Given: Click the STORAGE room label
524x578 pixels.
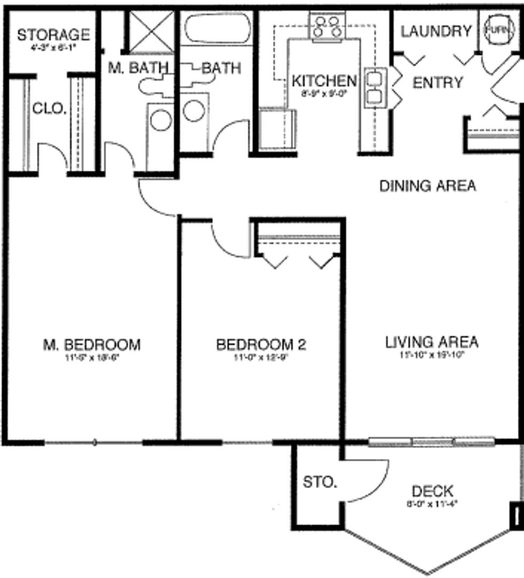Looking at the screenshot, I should [x=53, y=35].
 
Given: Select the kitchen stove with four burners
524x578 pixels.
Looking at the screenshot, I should [x=327, y=26].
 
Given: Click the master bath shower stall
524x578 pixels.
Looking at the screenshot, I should [x=152, y=31].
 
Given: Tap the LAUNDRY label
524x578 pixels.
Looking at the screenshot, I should [x=436, y=32].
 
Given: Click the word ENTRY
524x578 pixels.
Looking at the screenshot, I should [x=437, y=83].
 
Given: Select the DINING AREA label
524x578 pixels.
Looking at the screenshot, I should [x=427, y=186].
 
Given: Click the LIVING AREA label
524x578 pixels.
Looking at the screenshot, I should [x=431, y=341].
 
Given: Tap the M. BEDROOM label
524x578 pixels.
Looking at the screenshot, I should [x=91, y=345].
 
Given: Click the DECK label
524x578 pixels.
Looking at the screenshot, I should [x=433, y=490].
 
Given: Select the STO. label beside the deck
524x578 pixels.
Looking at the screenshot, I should [x=320, y=482].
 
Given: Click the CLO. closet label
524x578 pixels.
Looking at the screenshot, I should [x=49, y=109].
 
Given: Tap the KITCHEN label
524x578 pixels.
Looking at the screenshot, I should [x=324, y=81].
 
